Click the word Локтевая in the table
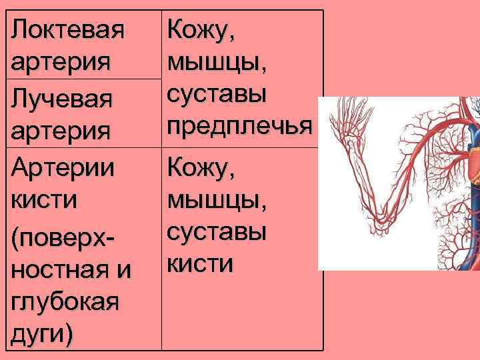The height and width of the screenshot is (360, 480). (68, 30)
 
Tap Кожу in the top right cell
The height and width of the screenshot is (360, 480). (200, 30)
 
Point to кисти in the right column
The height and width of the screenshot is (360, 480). (200, 264)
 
